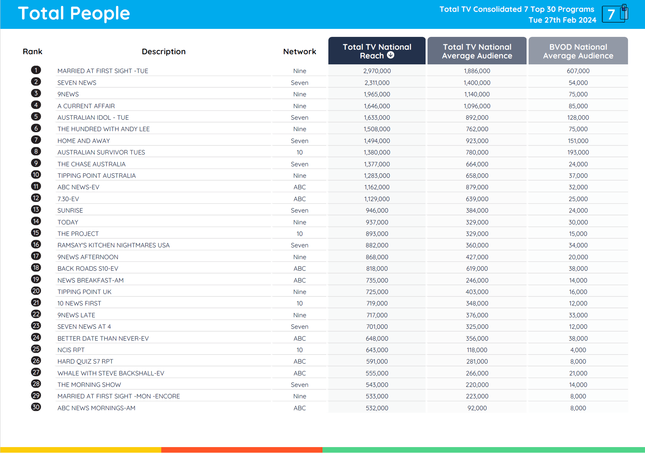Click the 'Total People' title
[x=74, y=14]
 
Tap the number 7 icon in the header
[x=614, y=14]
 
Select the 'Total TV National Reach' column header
[x=376, y=51]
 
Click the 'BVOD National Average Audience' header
[x=578, y=51]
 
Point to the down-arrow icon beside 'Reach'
[x=391, y=55]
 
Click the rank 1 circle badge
[x=36, y=70]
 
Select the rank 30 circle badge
[x=36, y=407]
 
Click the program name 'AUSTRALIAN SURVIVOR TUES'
[x=101, y=152]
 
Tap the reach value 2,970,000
[x=377, y=71]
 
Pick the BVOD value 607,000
[x=578, y=71]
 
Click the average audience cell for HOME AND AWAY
[x=477, y=141]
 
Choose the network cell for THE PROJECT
[x=300, y=234]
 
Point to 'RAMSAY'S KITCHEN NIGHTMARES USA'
[x=114, y=245]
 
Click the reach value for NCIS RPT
[x=377, y=350]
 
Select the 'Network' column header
[x=300, y=51]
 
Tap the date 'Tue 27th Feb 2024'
[x=562, y=20]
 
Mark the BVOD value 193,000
[x=578, y=152]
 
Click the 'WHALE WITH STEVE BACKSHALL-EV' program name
[x=111, y=373]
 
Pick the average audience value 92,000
[x=477, y=408]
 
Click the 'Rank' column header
[x=32, y=51]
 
